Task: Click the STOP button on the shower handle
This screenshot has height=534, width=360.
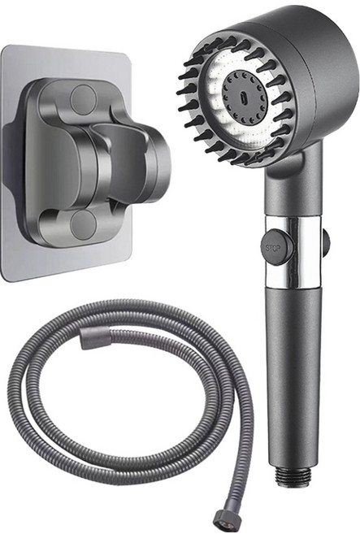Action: (x=277, y=247)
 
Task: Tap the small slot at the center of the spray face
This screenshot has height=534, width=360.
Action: (x=243, y=97)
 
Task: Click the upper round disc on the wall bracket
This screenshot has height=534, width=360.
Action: (x=84, y=98)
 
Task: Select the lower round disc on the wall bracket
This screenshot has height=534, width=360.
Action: (x=84, y=224)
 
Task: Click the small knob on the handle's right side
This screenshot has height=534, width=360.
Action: (x=326, y=239)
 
